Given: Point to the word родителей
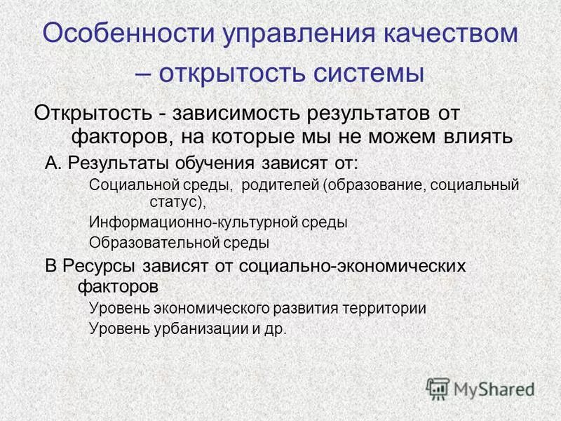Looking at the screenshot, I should click(280, 186).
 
